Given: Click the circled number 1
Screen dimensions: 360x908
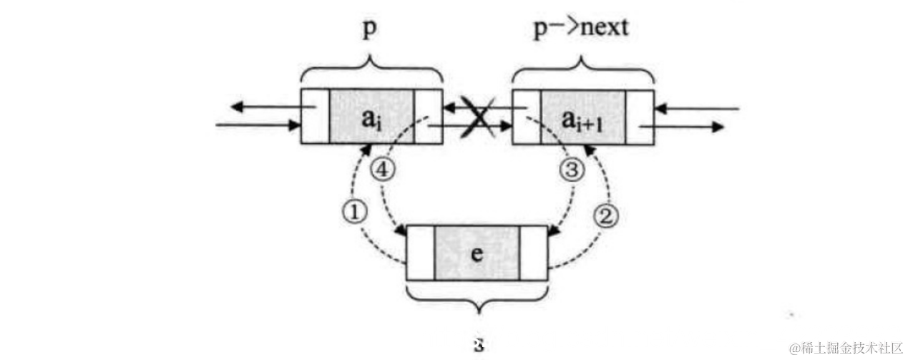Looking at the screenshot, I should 356,210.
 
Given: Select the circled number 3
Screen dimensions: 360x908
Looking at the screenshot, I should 575,170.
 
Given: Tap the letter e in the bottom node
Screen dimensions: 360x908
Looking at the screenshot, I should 477,253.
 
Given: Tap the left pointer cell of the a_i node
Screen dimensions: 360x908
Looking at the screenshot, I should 316,116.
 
